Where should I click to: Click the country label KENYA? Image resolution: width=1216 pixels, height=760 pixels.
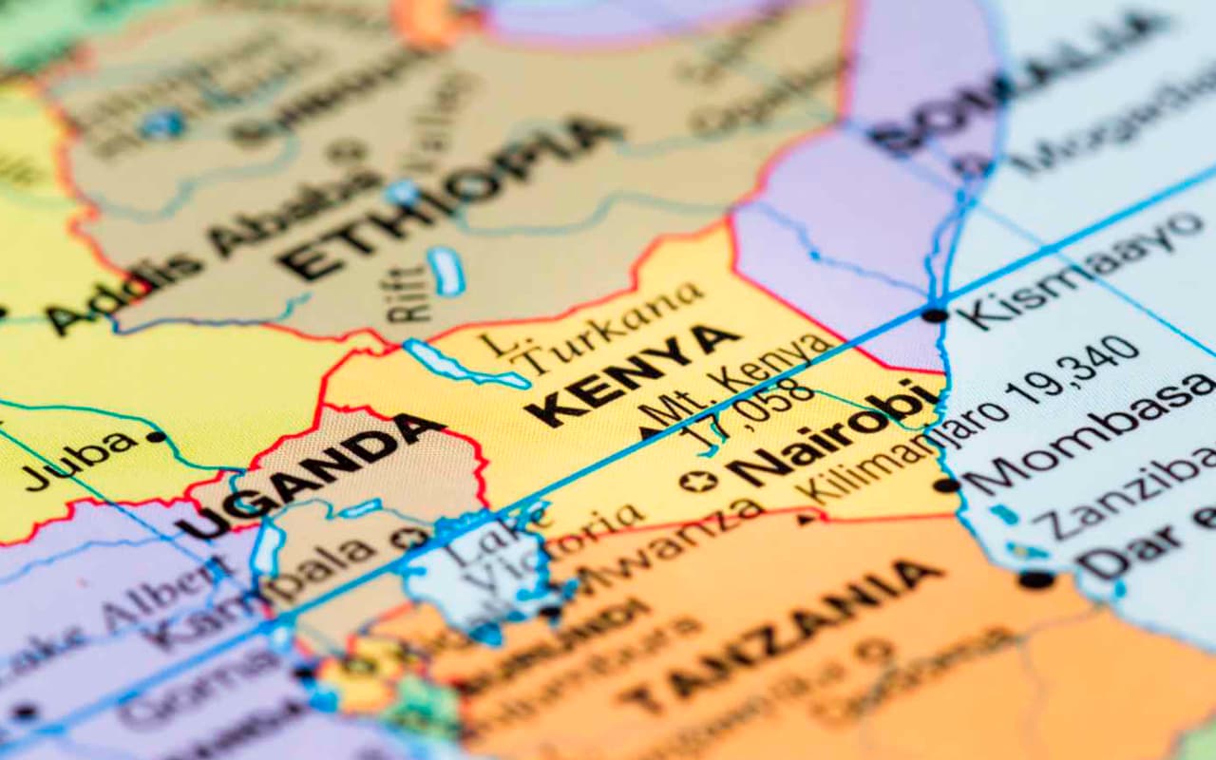point(632,375)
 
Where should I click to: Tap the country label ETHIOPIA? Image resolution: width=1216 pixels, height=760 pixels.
point(446,199)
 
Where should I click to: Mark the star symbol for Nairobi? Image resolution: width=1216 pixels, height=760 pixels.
point(698,482)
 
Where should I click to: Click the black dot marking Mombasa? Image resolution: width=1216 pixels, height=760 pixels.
point(946,485)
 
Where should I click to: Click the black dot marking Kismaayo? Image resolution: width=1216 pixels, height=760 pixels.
point(935,314)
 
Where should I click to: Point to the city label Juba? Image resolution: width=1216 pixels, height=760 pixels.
point(81,461)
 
